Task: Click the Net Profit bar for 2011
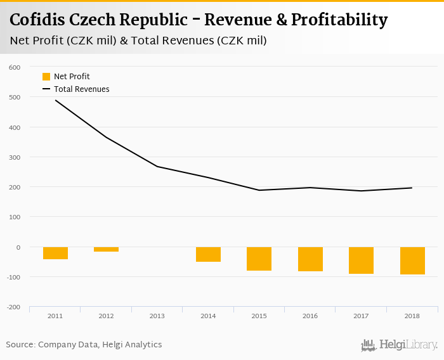(x=55, y=253)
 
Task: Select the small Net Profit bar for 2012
(x=106, y=249)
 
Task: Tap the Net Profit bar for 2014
(x=208, y=254)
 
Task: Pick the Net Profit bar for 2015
(x=259, y=259)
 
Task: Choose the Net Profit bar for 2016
(x=310, y=259)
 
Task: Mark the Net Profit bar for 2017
(x=361, y=260)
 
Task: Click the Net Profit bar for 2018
(x=412, y=260)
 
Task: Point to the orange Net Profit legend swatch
(x=46, y=77)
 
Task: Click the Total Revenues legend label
(x=81, y=89)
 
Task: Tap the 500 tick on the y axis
(x=14, y=97)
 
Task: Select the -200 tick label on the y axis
(x=13, y=307)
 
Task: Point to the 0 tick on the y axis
(x=18, y=247)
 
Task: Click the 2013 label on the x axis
(x=157, y=316)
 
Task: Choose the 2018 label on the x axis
(x=412, y=316)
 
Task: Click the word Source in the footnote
(x=20, y=345)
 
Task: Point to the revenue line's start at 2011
(x=55, y=100)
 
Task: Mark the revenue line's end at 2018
(x=412, y=188)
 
